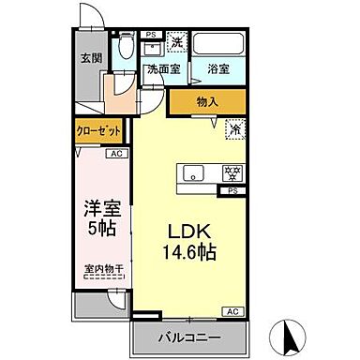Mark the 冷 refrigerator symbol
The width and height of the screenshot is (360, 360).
231,130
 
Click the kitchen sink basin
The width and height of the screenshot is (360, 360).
194,172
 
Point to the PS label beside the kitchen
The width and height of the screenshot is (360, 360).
231,190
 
